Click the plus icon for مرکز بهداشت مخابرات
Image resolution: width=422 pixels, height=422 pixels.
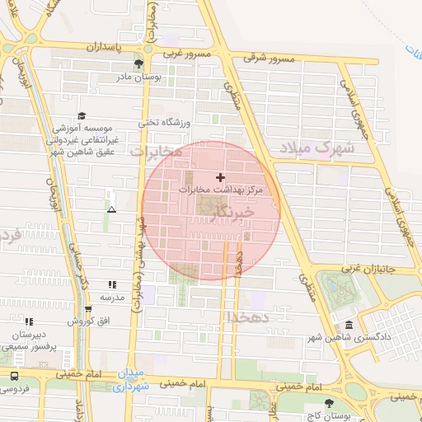pos(220,177)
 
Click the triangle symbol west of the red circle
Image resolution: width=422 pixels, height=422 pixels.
pos(112,210)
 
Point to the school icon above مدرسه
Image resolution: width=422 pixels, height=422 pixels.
pos(112,284)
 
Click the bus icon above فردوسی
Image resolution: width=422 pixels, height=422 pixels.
pos(14,376)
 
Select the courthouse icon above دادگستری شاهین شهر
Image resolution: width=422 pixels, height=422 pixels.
pos(349,326)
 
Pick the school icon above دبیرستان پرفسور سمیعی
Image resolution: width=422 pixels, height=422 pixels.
pos(29,321)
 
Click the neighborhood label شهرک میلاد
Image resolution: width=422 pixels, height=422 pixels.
pos(316,148)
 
